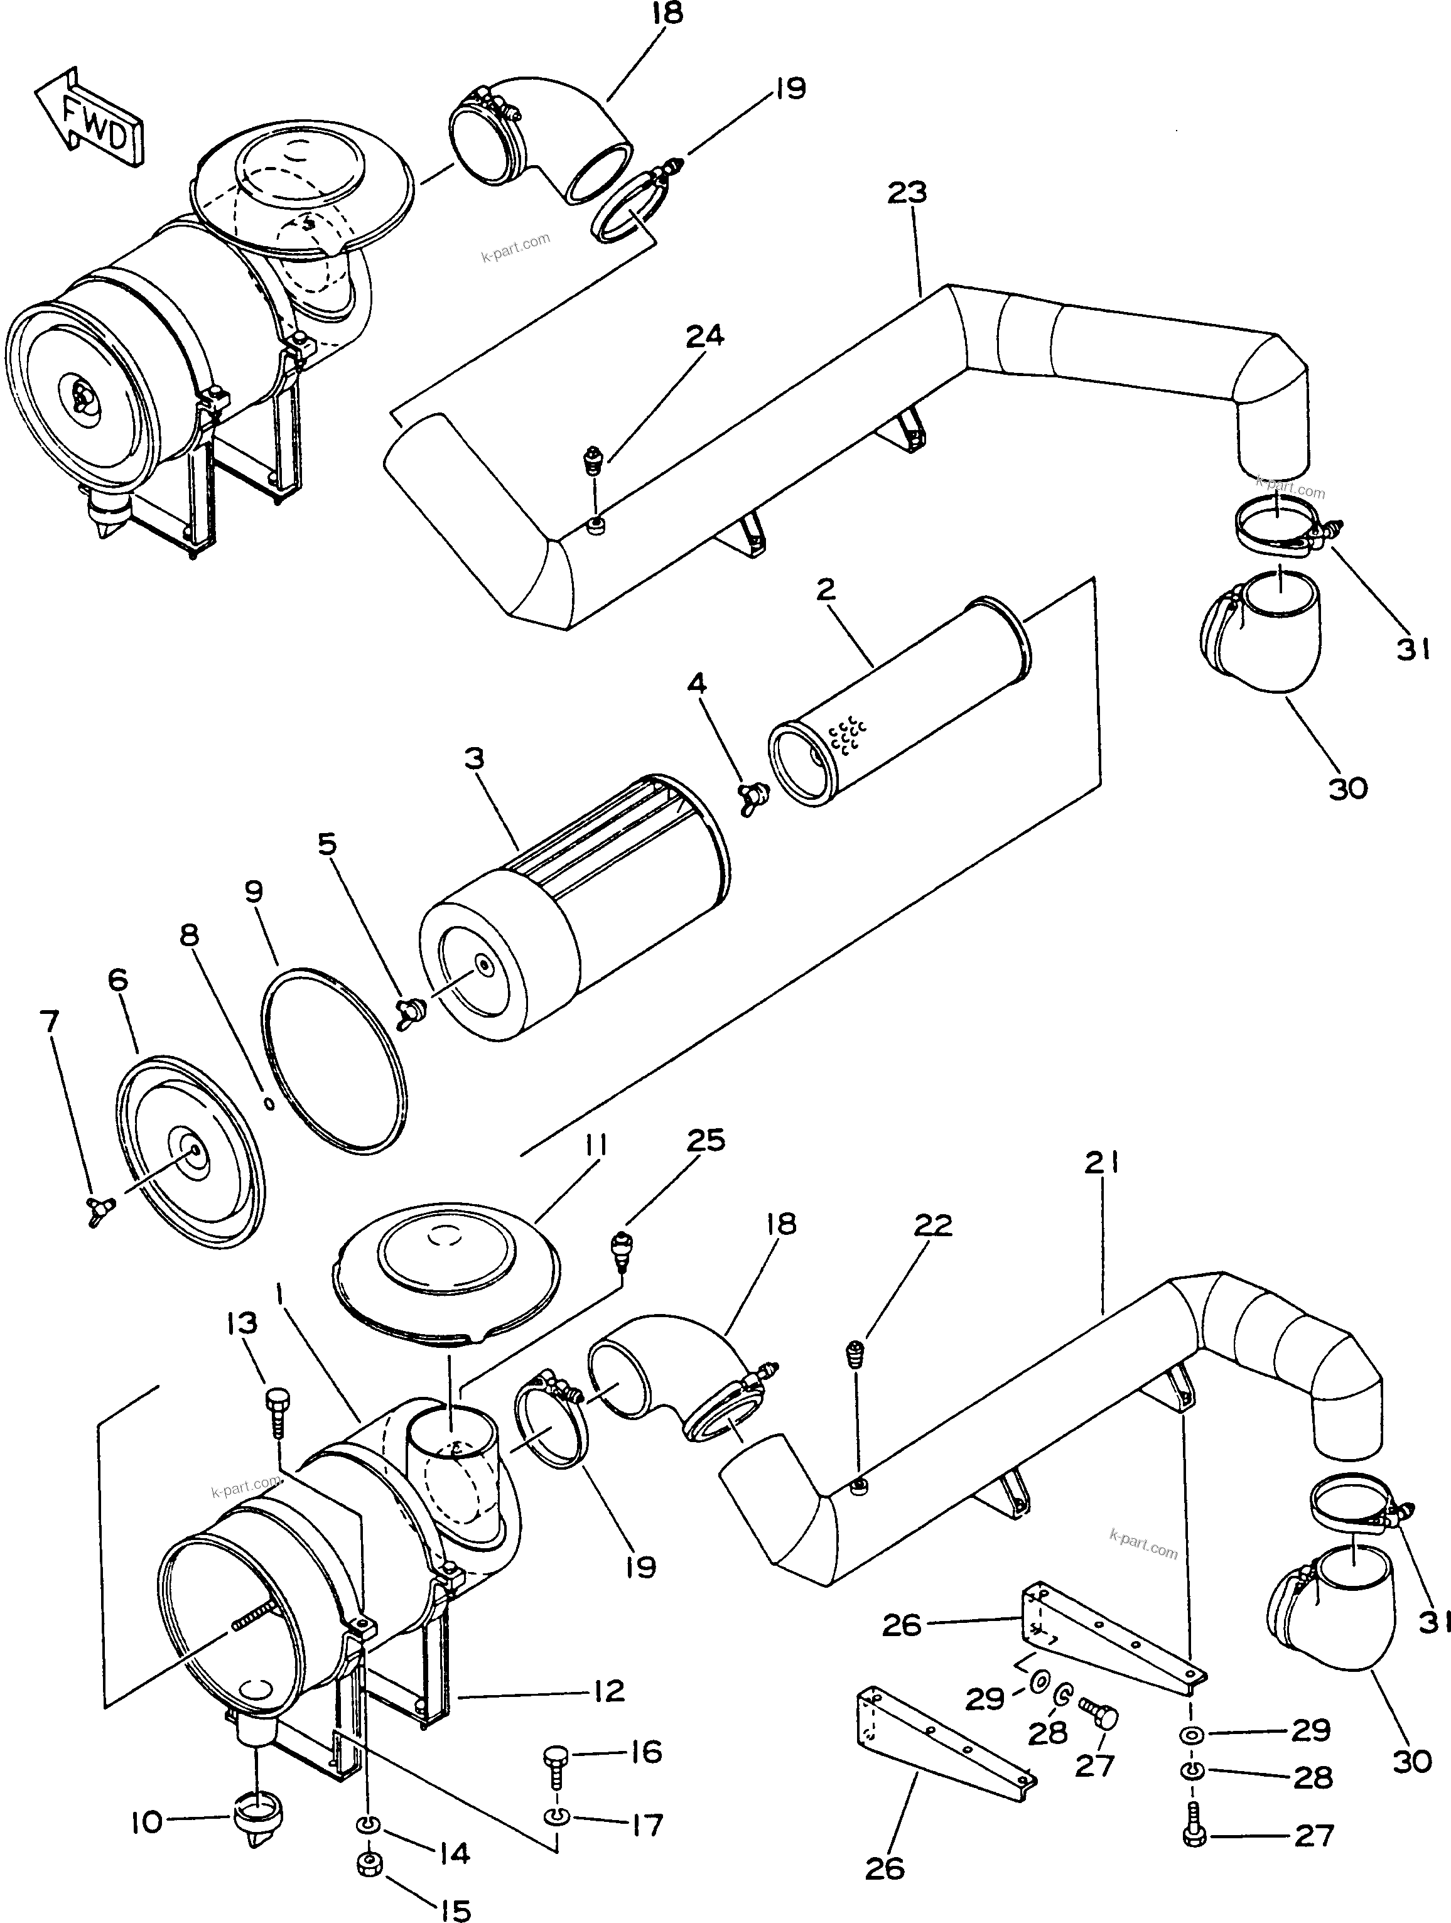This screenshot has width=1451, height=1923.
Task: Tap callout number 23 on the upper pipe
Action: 907,193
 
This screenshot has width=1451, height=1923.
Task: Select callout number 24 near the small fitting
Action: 704,337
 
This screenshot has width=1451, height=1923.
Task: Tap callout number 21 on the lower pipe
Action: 1100,1164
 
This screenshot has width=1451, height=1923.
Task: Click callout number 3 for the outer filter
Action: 474,759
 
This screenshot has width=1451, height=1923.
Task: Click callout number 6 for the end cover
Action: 118,981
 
